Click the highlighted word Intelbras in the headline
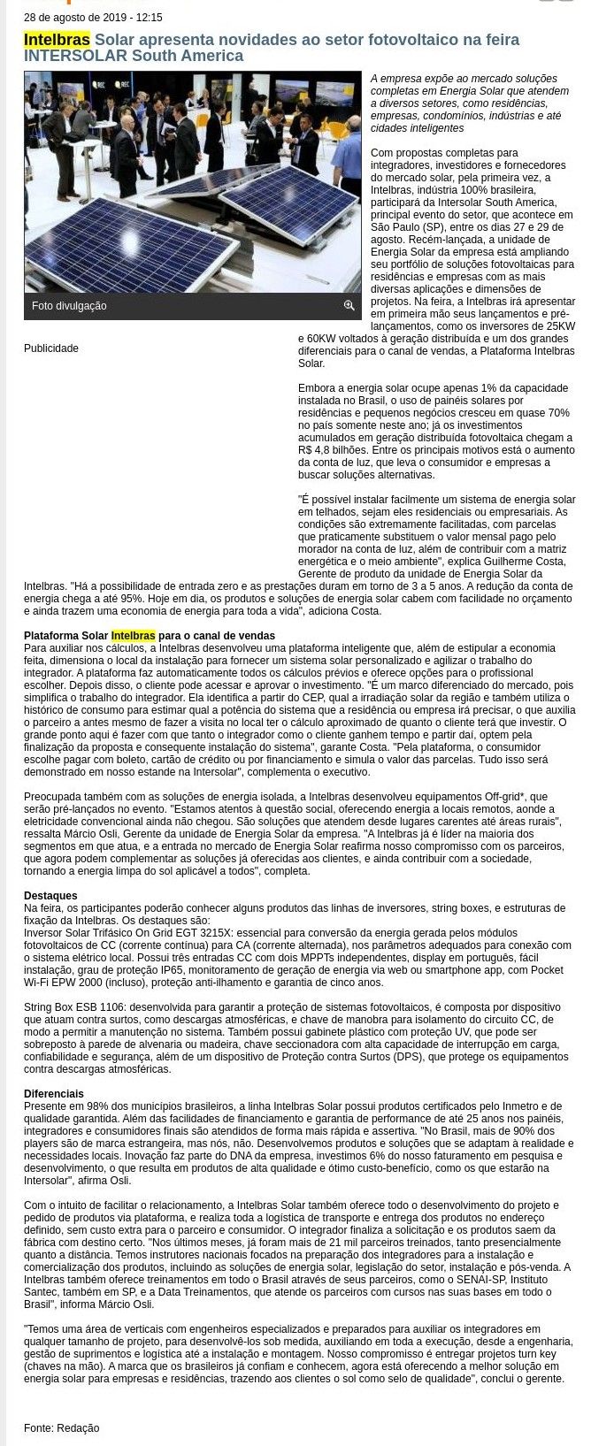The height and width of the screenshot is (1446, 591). (57, 40)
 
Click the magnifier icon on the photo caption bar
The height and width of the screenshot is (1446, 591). (349, 305)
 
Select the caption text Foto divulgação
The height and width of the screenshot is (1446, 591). (69, 306)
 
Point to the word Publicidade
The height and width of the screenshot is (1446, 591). (51, 348)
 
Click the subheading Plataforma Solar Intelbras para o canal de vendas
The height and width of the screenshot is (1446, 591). (150, 636)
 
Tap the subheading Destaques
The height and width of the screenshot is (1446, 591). (50, 896)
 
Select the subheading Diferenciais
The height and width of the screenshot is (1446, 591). (54, 1094)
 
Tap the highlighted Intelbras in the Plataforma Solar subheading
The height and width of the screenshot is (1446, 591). (133, 636)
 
